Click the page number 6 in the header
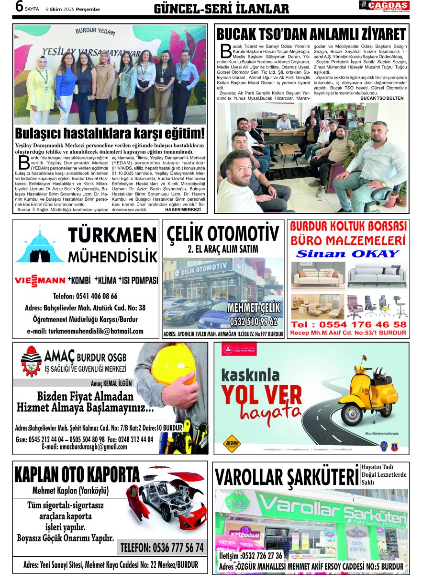(x=19, y=7)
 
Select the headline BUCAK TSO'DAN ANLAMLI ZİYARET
(x=311, y=34)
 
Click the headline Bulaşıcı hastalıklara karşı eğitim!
(x=110, y=133)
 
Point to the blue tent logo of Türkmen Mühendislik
(x=39, y=245)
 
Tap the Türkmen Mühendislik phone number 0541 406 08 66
(x=85, y=296)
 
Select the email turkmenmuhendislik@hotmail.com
(x=85, y=331)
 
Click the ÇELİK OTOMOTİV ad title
(x=223, y=234)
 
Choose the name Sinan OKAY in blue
(x=347, y=253)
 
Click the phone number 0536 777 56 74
(x=162, y=547)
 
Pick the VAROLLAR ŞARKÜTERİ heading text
(x=286, y=477)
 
